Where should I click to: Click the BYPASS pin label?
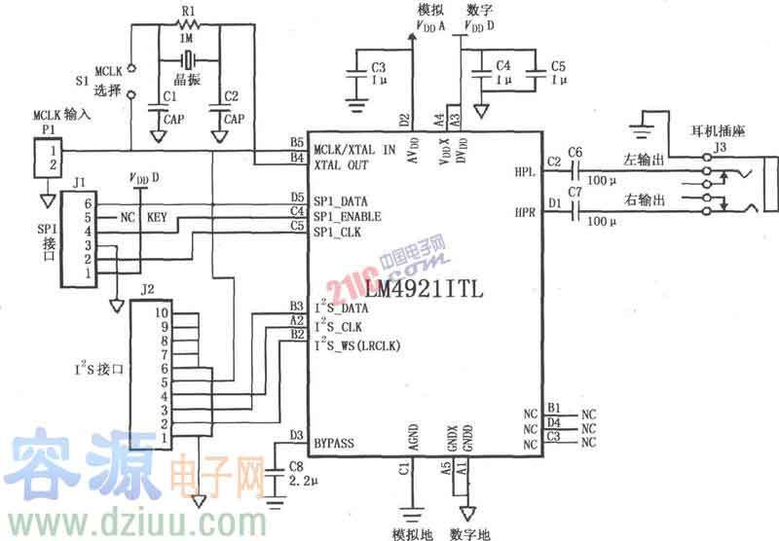pos(334,443)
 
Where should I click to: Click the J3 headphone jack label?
pos(721,148)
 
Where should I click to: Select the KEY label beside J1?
pos(157,216)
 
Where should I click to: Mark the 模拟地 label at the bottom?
pos(407,533)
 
